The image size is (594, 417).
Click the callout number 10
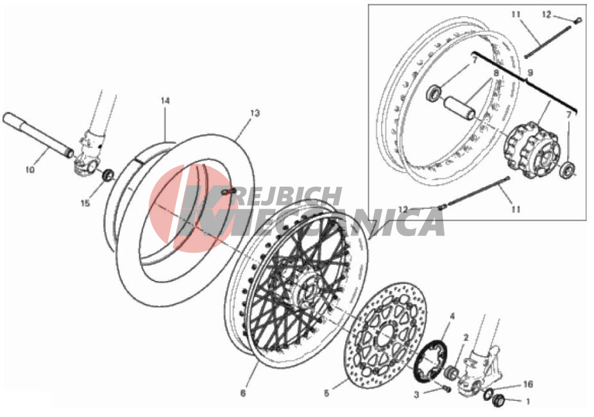30,170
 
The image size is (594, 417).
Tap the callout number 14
165,101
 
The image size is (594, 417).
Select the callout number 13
255,113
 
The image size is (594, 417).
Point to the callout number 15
85,203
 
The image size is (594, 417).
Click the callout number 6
243,393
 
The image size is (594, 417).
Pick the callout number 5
327,393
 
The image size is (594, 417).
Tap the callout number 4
452,316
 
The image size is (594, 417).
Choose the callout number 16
528,384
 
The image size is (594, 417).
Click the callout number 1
528,402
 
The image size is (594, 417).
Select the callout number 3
416,395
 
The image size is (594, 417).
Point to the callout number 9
530,72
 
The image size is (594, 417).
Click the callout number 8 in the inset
496,72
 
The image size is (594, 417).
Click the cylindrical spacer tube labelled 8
459,108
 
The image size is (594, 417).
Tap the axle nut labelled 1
498,400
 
